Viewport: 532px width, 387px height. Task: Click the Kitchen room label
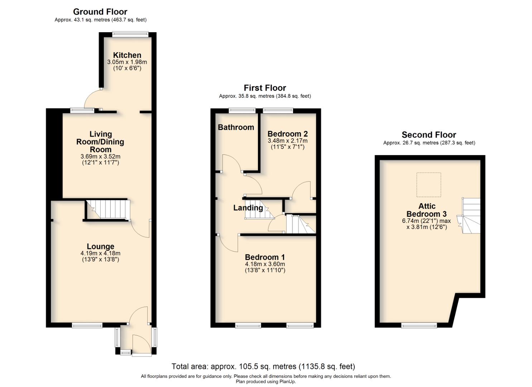(127, 55)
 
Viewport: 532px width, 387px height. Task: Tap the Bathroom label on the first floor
(236, 127)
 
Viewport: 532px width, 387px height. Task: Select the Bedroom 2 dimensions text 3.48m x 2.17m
(287, 141)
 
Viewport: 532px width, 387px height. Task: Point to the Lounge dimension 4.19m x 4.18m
(100, 253)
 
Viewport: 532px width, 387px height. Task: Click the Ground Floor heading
(100, 12)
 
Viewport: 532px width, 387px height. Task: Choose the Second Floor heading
(428, 135)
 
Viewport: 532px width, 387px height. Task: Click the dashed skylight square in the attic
(428, 185)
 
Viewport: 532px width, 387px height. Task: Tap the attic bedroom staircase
(471, 215)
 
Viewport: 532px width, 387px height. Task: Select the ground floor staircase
(107, 209)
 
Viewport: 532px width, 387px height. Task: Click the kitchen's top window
(130, 34)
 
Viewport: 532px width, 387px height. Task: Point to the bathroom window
(242, 110)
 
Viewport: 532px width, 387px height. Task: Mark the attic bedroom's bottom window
(419, 325)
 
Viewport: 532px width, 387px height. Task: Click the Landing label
(248, 208)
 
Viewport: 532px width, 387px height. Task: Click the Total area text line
(263, 367)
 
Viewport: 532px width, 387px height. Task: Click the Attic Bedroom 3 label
(426, 210)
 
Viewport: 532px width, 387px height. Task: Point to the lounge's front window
(87, 325)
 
